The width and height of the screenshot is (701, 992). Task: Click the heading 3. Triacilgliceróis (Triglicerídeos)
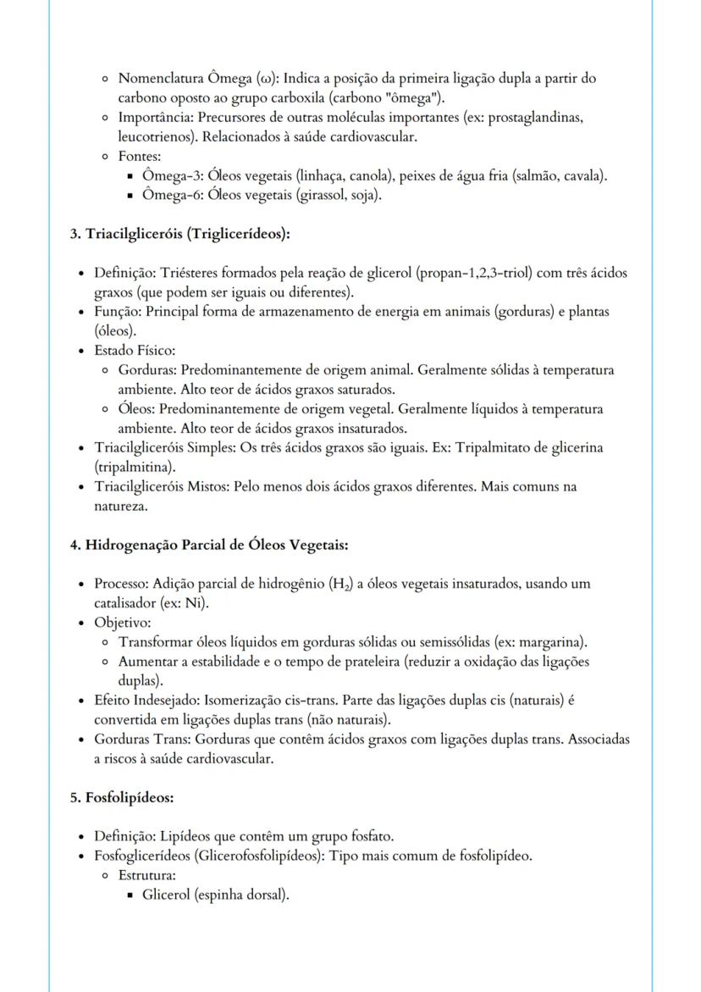180,233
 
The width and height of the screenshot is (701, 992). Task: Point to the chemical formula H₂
346,585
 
